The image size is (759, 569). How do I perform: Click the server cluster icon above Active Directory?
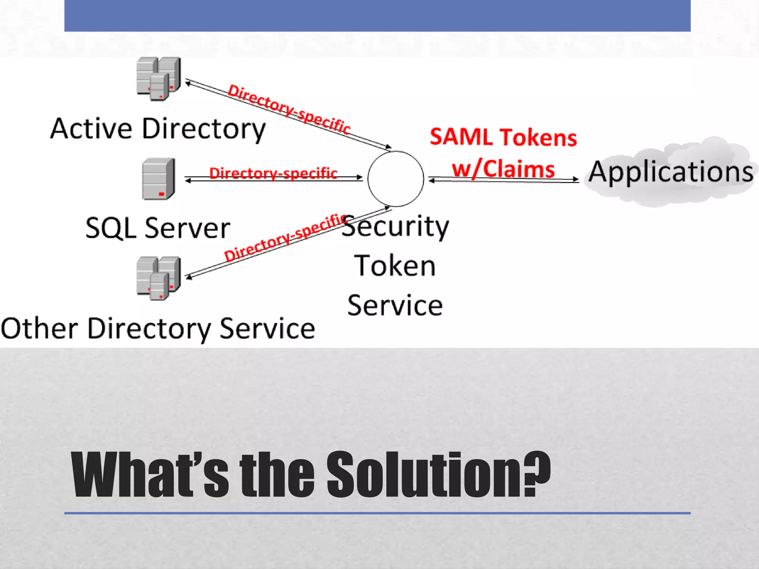(158, 79)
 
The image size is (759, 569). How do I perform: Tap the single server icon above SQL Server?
(158, 179)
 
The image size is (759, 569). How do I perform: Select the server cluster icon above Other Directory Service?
(158, 278)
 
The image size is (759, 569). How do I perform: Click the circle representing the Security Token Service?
(395, 179)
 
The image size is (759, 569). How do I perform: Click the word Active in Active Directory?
(91, 129)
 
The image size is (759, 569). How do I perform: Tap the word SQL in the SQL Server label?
(110, 228)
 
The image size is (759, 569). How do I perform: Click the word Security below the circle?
(395, 227)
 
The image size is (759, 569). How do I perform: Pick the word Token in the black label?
(395, 266)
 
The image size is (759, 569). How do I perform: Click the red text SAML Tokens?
(503, 137)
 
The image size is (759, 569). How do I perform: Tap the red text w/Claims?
(503, 169)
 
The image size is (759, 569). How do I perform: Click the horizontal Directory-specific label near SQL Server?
(273, 173)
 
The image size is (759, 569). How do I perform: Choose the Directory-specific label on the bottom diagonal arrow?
(285, 237)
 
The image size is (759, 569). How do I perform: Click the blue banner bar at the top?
(377, 16)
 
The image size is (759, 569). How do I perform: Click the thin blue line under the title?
(377, 513)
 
